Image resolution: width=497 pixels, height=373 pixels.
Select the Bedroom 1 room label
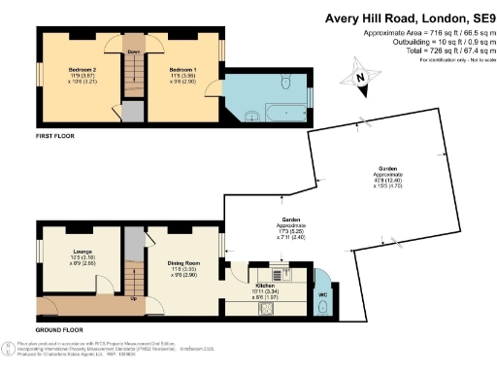[x=182, y=70]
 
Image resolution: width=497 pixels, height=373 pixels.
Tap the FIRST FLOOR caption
[x=56, y=137]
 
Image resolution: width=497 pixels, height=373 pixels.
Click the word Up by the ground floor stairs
[x=133, y=298]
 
